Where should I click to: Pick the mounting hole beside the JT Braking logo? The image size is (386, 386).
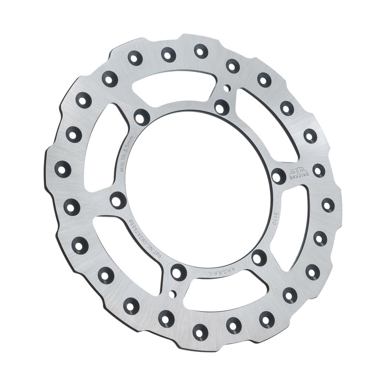tap(278, 175)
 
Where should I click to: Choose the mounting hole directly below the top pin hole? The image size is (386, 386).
tap(221, 107)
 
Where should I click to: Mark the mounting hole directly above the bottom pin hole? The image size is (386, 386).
tap(179, 272)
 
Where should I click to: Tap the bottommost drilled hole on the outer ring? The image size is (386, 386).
tap(200, 331)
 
